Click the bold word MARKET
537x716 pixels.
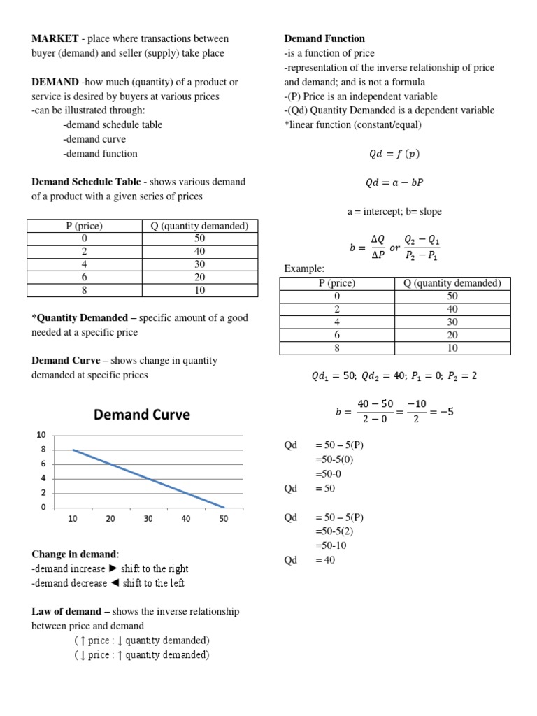[x=55, y=38]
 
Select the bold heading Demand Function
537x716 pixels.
[x=324, y=38]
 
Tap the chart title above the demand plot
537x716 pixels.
[x=142, y=415]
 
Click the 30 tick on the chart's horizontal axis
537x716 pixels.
[x=148, y=519]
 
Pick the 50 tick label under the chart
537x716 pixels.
[x=224, y=519]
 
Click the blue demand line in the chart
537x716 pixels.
[x=148, y=479]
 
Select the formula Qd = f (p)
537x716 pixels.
[x=394, y=154]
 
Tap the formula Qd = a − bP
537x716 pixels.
[x=394, y=182]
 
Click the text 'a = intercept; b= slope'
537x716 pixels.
[x=394, y=211]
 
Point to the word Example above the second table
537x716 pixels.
[x=303, y=268]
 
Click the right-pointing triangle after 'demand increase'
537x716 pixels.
[x=114, y=568]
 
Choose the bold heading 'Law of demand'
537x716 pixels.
[x=66, y=611]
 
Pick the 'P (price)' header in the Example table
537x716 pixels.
[x=337, y=283]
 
